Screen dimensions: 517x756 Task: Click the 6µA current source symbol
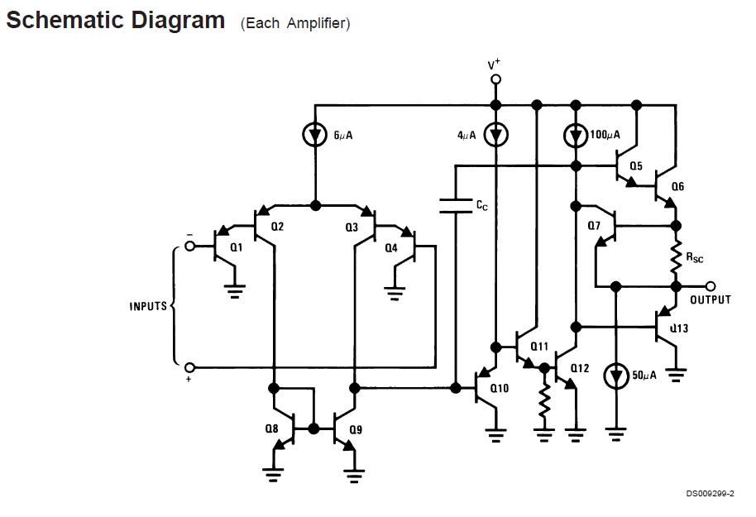coord(315,136)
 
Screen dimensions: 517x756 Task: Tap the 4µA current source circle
coord(495,135)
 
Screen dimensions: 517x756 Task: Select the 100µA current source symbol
coord(576,135)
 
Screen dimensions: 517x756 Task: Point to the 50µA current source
coord(615,376)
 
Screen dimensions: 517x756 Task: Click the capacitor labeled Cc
coord(455,205)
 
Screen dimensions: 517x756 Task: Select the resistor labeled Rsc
coord(676,256)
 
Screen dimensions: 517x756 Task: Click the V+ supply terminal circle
coord(495,79)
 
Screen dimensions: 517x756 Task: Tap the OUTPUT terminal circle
coord(711,286)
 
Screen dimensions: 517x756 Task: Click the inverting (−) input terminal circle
coord(189,246)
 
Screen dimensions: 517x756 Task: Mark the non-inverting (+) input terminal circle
coord(189,366)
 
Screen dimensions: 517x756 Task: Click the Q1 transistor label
coord(237,247)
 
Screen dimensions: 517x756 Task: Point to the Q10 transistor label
coord(500,388)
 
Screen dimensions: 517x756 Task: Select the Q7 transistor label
coord(594,226)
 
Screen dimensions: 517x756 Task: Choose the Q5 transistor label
coord(635,166)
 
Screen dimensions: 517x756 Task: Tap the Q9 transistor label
coord(356,429)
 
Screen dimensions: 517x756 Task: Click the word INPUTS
coord(148,306)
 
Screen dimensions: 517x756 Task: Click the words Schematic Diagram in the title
coord(115,21)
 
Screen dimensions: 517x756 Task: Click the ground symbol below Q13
coord(676,374)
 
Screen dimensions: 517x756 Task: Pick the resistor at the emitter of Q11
coord(543,403)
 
